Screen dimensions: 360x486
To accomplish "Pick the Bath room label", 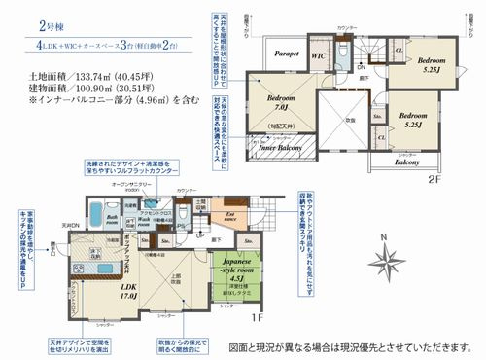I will pos(113,219).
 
